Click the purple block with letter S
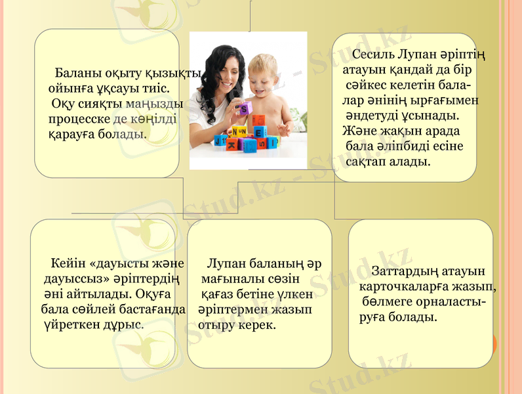245,108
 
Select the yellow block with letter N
239,131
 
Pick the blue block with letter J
220,139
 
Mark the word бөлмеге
386,303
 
